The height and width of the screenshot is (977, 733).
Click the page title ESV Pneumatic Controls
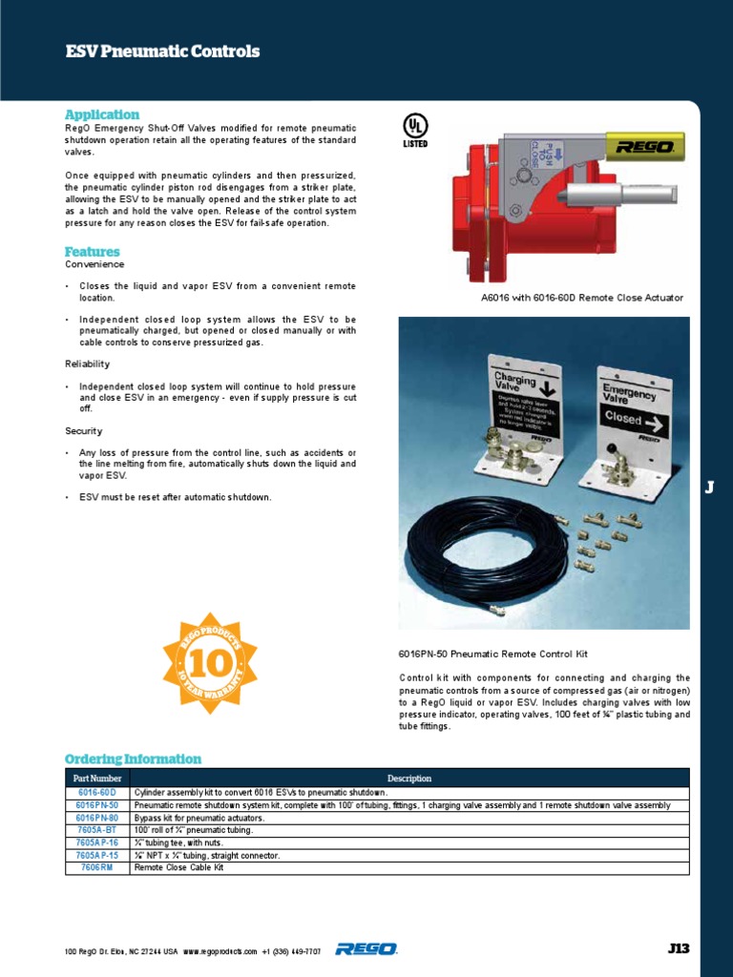[161, 52]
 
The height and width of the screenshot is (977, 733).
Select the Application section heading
[101, 114]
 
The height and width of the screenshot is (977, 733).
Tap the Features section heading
[92, 252]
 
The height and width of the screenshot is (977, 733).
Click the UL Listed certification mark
[415, 130]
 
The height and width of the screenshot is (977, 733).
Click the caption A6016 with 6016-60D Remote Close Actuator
[581, 298]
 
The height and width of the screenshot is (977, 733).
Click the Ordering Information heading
[133, 759]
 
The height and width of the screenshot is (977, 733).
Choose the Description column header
[408, 779]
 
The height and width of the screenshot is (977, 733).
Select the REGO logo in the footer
[366, 949]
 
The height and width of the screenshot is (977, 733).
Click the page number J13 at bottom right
[678, 948]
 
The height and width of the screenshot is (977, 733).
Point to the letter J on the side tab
[709, 488]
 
